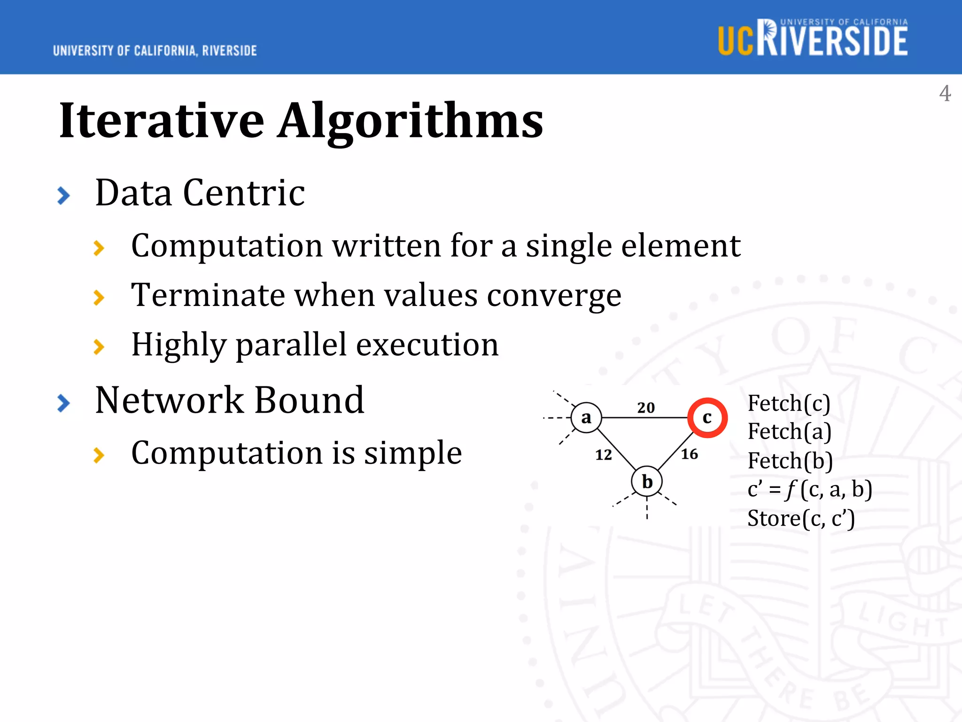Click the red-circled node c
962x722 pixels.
tap(707, 417)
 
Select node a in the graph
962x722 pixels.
tap(586, 417)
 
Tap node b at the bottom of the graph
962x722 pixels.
tap(647, 481)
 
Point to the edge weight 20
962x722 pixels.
tap(646, 407)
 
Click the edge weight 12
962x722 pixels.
tap(604, 455)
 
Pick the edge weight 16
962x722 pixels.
tap(690, 454)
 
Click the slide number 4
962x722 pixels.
tap(945, 93)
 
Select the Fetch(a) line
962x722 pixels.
tap(789, 432)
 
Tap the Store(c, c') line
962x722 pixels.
tap(801, 518)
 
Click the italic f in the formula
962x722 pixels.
tap(791, 490)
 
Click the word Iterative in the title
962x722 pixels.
tap(162, 121)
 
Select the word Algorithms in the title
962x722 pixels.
tap(410, 121)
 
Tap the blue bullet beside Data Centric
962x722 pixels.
tap(63, 196)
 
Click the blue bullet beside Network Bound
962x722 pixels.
tap(63, 403)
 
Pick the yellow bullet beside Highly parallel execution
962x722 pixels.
tap(99, 347)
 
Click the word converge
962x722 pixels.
tap(554, 296)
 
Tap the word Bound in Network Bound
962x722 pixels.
tap(309, 400)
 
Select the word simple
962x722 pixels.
tap(413, 453)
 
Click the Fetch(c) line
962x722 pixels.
tap(789, 403)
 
